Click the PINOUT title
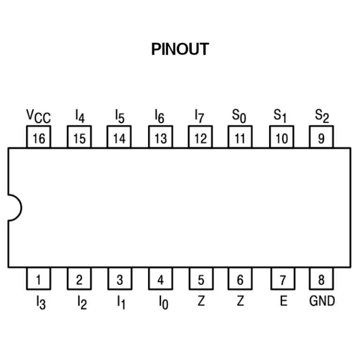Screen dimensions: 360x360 click(180, 49)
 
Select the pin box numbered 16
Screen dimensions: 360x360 click(38, 137)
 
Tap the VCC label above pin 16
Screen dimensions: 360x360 click(38, 116)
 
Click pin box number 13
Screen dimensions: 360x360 click(160, 137)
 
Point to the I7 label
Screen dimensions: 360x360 click(199, 116)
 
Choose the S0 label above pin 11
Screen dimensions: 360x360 click(239, 116)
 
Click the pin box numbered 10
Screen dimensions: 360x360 click(281, 137)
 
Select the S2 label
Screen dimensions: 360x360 click(322, 116)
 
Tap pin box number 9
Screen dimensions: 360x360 click(321, 137)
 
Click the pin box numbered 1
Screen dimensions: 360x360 click(38, 278)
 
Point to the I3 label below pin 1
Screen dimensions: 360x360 click(41, 303)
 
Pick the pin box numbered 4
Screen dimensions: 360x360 click(160, 278)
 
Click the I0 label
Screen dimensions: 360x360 click(164, 303)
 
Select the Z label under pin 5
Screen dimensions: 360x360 click(201, 300)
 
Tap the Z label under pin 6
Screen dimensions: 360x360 click(240, 300)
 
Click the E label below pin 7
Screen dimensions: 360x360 click(284, 300)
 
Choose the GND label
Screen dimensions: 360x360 click(322, 301)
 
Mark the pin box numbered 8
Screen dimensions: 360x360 click(321, 278)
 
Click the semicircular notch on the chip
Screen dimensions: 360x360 click(22, 208)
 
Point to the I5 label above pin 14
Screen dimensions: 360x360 click(120, 116)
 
